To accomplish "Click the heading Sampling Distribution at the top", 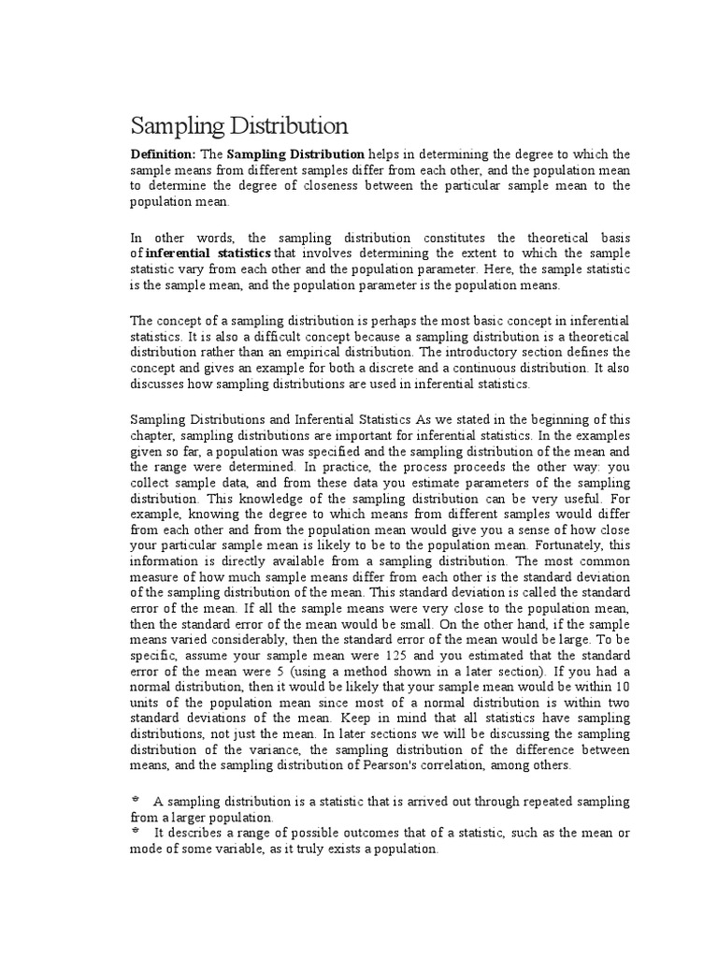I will [238, 125].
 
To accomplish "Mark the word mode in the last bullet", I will [145, 849].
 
